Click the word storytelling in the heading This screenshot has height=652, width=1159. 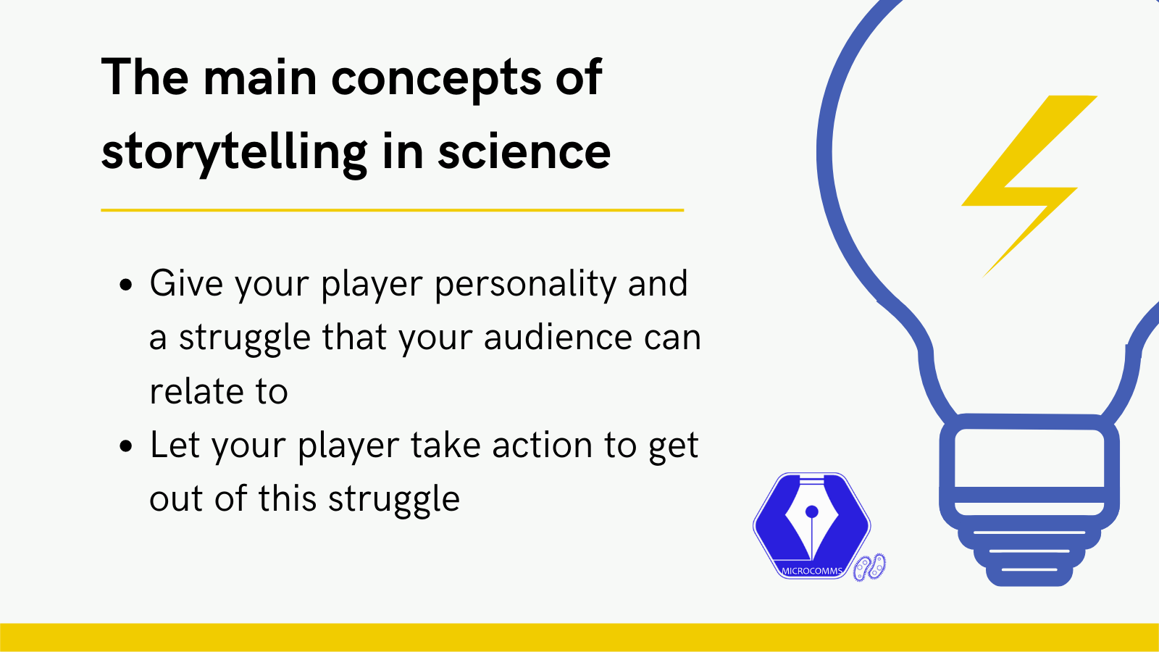click(235, 153)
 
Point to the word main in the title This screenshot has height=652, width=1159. click(260, 77)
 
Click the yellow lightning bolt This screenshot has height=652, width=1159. click(1029, 186)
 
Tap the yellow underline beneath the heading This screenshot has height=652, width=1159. click(392, 210)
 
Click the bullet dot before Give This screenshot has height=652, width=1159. click(126, 285)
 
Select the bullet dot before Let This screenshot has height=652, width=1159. click(126, 446)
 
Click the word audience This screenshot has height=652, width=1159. click(558, 337)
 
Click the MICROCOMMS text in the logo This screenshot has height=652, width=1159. click(812, 572)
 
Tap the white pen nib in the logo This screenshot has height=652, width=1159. click(812, 522)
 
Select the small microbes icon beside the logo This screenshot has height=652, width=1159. click(869, 568)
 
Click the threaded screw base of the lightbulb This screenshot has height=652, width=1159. click(1029, 551)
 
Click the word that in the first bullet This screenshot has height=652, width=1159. click(355, 337)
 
